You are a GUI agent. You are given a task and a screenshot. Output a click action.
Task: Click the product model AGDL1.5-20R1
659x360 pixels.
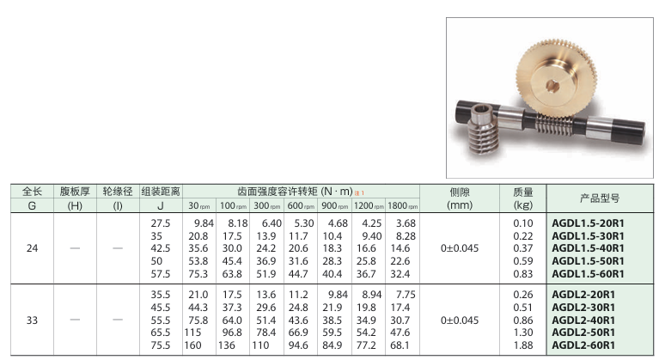tap(588, 223)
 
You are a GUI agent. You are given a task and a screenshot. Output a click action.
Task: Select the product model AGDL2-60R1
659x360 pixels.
tap(583, 345)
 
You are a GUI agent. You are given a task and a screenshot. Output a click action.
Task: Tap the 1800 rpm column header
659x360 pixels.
tap(403, 206)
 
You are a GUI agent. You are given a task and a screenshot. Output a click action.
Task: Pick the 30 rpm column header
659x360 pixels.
tap(199, 206)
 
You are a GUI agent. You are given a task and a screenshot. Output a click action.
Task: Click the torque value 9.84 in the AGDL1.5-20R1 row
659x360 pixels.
tap(204, 223)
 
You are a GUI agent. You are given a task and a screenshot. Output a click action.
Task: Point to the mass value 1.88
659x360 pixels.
tap(523, 345)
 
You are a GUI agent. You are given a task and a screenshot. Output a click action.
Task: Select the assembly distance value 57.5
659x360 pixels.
tap(161, 274)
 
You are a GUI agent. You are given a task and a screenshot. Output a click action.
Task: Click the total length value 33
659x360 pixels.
tap(32, 320)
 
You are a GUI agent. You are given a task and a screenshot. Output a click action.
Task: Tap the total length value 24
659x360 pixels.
tap(32, 248)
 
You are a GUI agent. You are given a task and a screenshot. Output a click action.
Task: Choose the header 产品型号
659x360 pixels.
tap(600, 198)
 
